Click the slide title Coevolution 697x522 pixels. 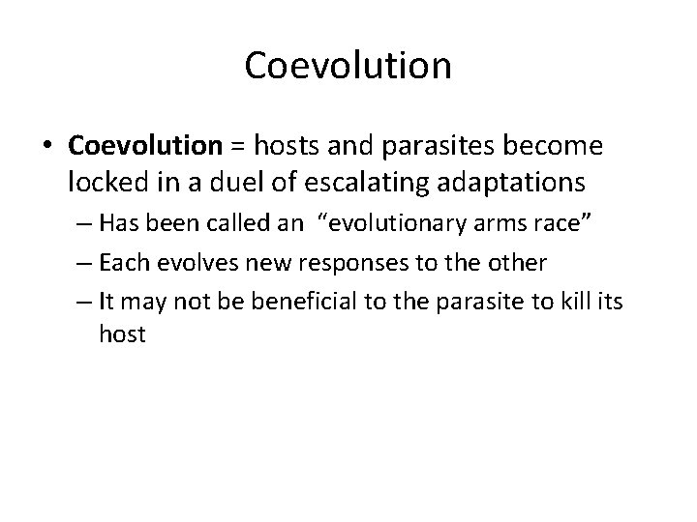[348, 66]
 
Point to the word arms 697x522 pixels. [475, 226]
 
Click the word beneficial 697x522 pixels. [304, 301]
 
